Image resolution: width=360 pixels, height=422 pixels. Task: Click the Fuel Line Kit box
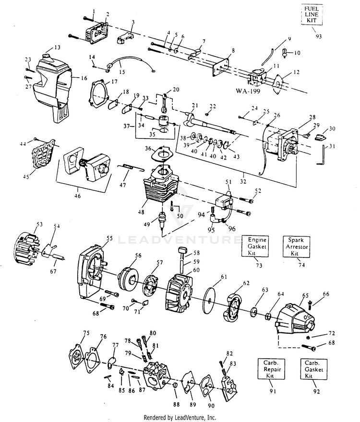pyautogui.click(x=312, y=15)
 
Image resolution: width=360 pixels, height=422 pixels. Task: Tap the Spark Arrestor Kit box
pyautogui.click(x=296, y=246)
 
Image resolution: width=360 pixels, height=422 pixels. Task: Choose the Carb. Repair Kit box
pyautogui.click(x=271, y=369)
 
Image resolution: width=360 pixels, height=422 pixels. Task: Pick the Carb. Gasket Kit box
pyautogui.click(x=313, y=369)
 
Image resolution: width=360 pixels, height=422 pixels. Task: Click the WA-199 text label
pyautogui.click(x=248, y=91)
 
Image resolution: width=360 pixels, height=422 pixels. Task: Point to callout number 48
pyautogui.click(x=141, y=212)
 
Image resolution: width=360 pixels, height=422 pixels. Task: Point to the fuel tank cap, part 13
pyautogui.click(x=47, y=56)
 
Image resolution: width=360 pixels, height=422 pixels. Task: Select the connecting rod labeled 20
pyautogui.click(x=164, y=103)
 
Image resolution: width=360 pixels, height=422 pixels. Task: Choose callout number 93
pyautogui.click(x=319, y=36)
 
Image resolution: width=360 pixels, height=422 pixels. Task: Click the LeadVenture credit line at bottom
pyautogui.click(x=180, y=417)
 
